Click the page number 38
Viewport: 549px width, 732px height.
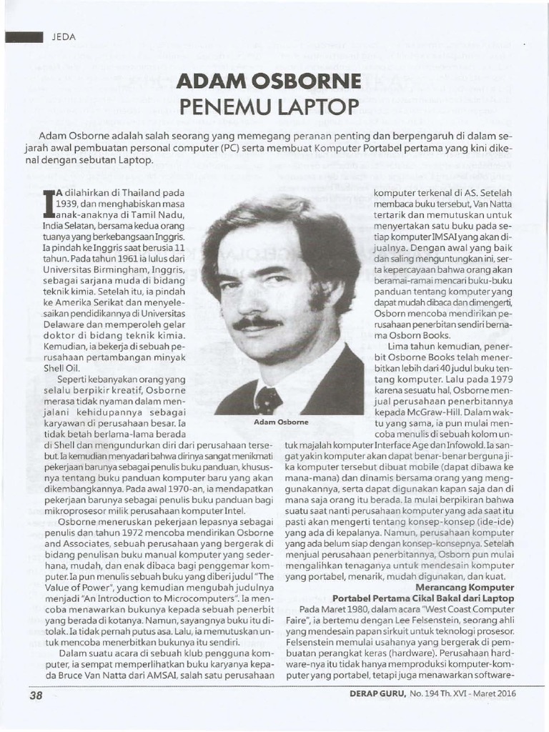click(x=36, y=694)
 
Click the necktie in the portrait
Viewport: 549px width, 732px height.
click(x=269, y=400)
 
